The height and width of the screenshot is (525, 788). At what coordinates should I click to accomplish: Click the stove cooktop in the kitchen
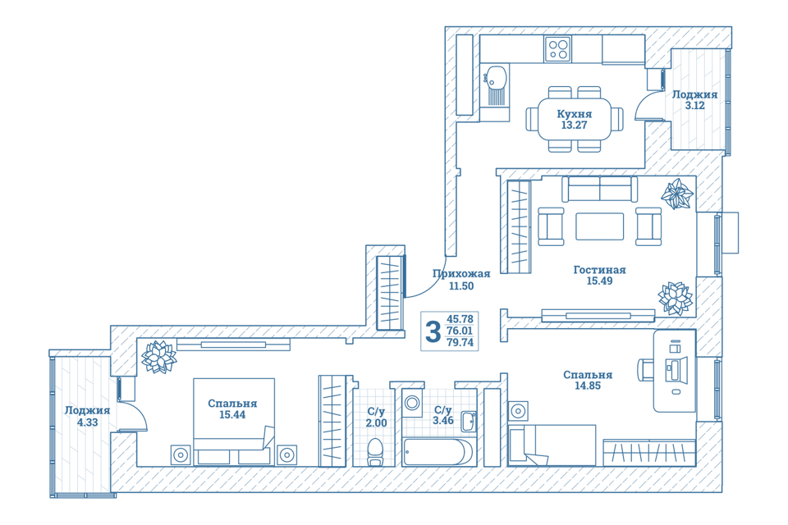(558, 49)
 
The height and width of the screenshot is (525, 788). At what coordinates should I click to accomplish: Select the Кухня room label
(574, 114)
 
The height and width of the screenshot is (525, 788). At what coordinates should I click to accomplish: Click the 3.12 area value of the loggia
(695, 106)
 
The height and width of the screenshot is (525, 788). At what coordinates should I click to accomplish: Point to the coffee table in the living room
(599, 226)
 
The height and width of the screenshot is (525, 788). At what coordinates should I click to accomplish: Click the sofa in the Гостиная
(599, 189)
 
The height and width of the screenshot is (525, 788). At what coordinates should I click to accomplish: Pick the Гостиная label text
(599, 270)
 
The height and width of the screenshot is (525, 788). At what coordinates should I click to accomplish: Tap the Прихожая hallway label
(461, 274)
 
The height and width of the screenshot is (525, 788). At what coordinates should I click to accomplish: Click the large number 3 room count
(433, 331)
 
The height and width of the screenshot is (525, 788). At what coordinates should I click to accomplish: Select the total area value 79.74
(460, 343)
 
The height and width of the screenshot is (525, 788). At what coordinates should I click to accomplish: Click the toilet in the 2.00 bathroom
(375, 452)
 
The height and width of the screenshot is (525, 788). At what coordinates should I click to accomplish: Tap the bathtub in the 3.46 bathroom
(438, 452)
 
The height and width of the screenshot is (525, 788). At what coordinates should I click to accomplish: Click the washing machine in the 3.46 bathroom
(413, 403)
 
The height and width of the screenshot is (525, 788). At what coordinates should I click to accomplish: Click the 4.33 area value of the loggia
(88, 422)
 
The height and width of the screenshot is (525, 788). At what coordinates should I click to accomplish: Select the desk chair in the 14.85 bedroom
(646, 370)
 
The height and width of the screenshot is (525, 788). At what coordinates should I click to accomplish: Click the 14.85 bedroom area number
(588, 386)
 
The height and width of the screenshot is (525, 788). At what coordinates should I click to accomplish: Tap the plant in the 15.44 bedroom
(158, 357)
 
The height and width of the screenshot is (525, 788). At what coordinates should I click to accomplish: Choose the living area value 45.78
(460, 319)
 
